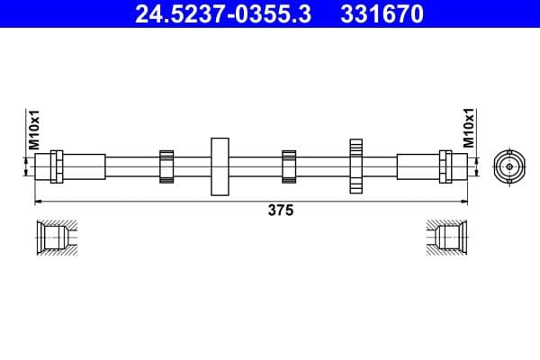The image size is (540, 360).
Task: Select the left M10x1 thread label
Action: (x=33, y=130)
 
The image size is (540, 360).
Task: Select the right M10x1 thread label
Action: (x=468, y=130)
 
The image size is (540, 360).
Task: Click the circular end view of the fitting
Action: (x=508, y=166)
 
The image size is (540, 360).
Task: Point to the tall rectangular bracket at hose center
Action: (x=220, y=166)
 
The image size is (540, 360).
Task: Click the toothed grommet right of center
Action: (x=356, y=166)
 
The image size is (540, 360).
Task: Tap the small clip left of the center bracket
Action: (x=166, y=166)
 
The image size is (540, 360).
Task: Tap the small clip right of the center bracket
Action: (x=289, y=166)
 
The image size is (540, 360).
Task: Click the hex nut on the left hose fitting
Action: (x=57, y=166)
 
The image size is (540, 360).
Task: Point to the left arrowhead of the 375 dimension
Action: (x=38, y=200)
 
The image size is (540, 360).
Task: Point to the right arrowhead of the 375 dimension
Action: (x=465, y=200)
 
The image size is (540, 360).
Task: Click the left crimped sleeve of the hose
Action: (x=84, y=166)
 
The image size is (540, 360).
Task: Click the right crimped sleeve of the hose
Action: (x=416, y=166)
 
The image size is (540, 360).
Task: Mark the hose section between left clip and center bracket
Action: (x=192, y=166)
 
